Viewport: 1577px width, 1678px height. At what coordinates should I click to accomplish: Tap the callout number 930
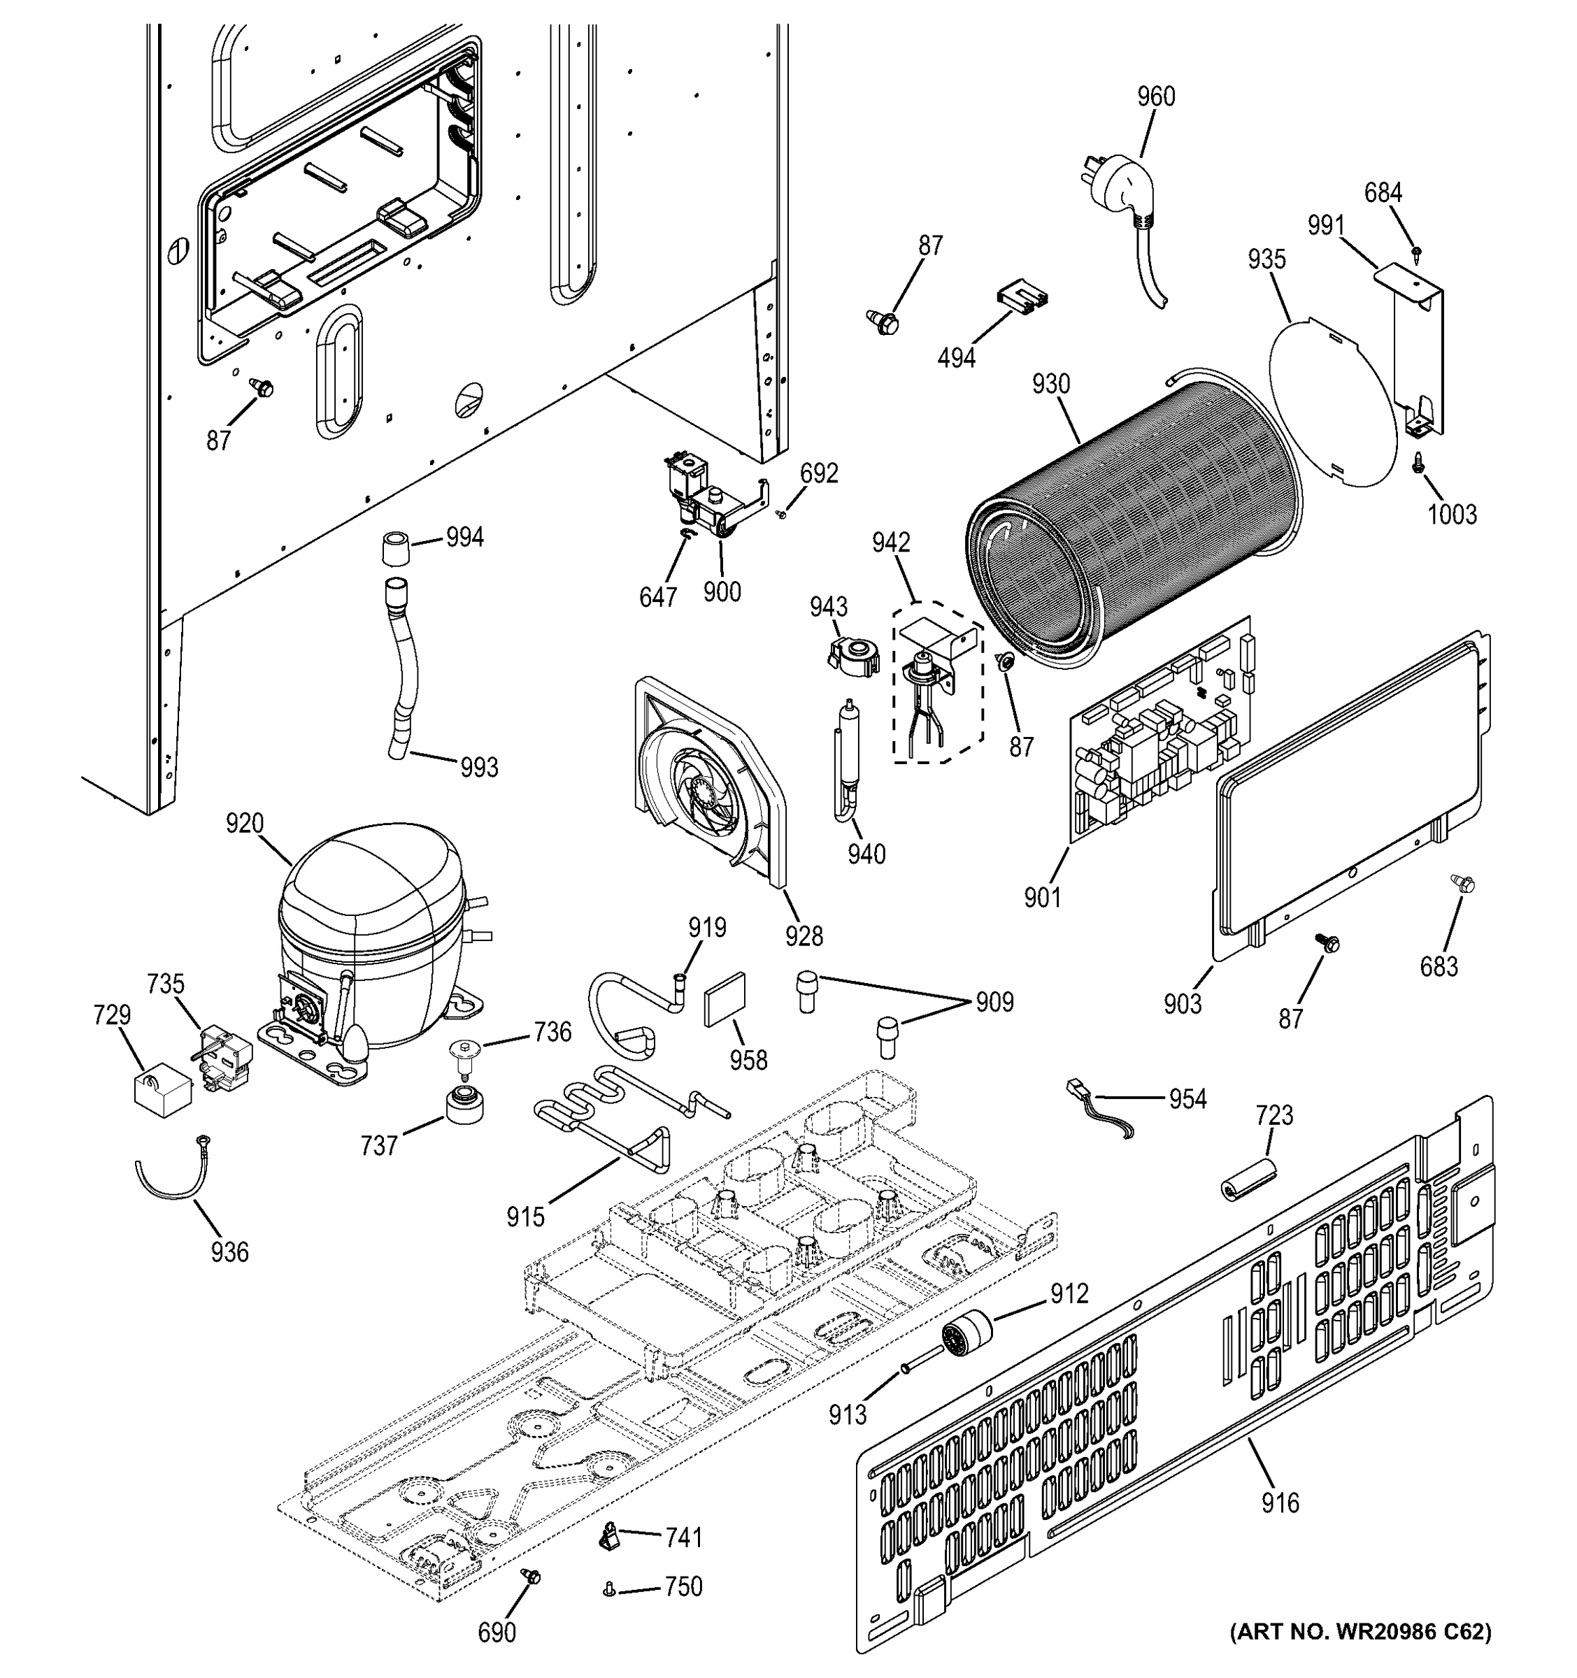pos(1050,385)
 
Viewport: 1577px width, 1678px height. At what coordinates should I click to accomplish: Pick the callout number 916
pos(1280,1503)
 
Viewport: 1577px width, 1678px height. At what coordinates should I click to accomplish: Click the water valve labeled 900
pos(705,498)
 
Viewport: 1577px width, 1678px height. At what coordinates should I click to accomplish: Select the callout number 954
pos(1187,1099)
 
